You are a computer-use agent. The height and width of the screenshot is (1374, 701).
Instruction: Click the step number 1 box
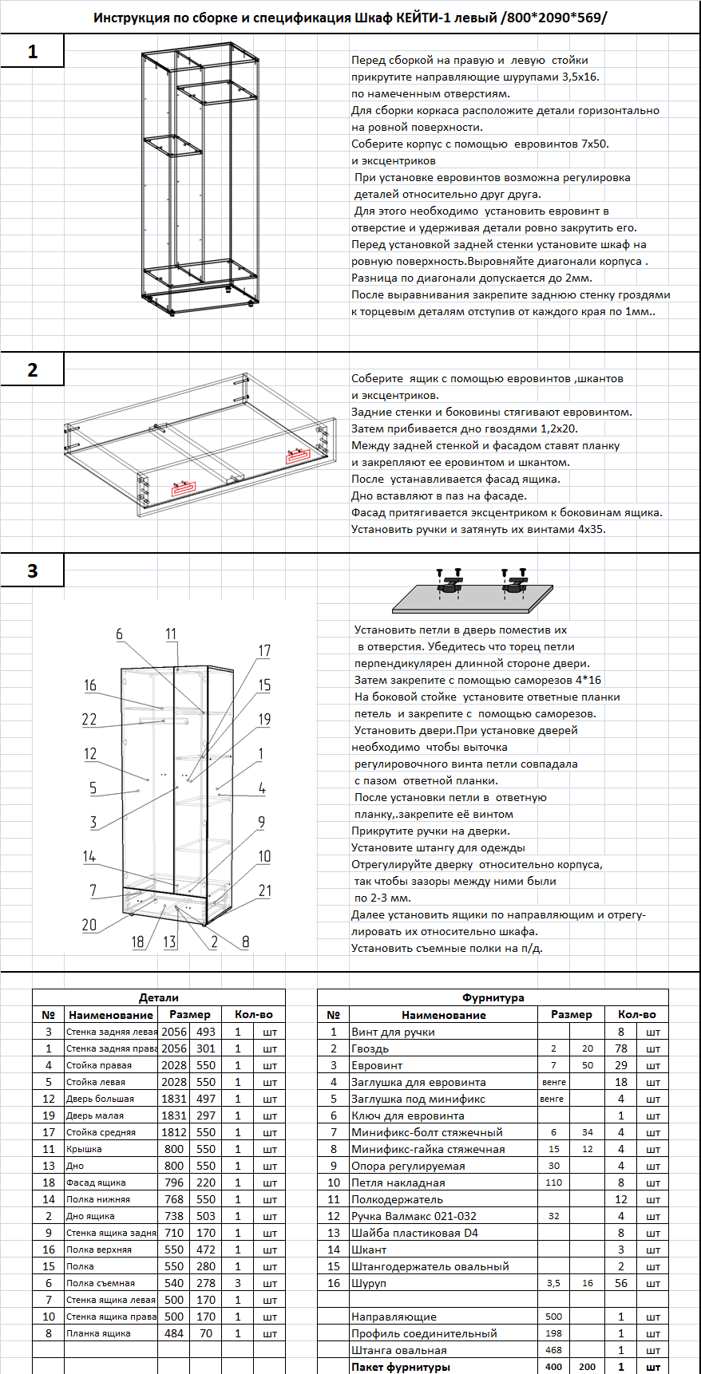pos(32,52)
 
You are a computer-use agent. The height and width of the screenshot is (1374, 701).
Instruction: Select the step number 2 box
pos(32,370)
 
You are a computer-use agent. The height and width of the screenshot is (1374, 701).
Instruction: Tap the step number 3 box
pos(32,571)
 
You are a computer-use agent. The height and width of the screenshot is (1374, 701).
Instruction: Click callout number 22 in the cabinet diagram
pos(89,719)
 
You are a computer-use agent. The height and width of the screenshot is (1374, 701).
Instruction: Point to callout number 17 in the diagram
pos(264,651)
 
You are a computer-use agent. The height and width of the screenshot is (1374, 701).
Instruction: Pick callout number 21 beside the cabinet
pos(265,890)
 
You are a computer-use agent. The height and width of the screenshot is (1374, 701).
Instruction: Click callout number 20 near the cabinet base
pos(89,925)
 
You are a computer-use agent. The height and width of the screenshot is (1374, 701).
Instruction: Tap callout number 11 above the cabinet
pos(172,634)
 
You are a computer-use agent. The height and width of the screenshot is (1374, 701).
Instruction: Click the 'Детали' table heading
pos(159,997)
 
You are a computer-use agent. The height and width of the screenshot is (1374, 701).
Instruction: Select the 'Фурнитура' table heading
pos(493,997)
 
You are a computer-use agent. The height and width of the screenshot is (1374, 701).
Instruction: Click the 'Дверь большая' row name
pos(100,1099)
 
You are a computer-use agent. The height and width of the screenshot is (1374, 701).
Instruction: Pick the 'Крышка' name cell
pos(84,1149)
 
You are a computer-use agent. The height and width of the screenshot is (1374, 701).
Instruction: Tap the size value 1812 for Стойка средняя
pos(174,1132)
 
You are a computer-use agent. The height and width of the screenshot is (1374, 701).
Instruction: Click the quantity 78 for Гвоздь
pos(621,1048)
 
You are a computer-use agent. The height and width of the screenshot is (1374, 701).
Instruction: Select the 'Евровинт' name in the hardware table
pos(377,1065)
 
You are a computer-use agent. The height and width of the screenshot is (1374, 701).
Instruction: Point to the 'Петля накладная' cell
pos(398,1183)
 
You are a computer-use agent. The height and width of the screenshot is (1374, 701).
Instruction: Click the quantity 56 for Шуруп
pos(621,1283)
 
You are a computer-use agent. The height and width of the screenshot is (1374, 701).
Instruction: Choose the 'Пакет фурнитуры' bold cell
pos(401,1367)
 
